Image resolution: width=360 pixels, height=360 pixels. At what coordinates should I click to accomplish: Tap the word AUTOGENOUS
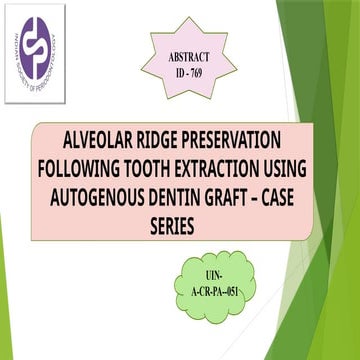click(103, 196)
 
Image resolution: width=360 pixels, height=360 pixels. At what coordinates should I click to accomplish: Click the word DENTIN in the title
click(187, 196)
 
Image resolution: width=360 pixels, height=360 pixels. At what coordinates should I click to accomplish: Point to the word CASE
click(305, 196)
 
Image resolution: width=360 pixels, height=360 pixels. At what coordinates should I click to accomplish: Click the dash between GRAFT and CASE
click(275, 196)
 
